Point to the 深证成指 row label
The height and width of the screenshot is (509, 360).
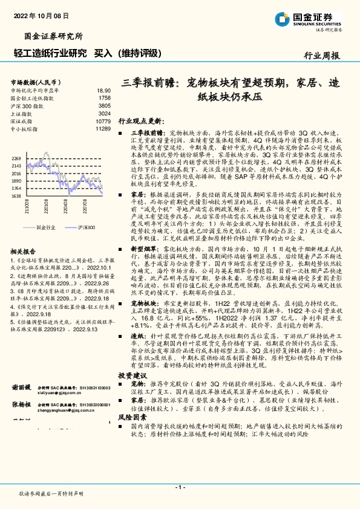pyautogui.click(x=22, y=121)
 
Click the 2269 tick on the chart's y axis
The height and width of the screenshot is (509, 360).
pyautogui.click(x=16, y=158)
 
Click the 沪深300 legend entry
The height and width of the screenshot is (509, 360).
pyautogui.click(x=87, y=227)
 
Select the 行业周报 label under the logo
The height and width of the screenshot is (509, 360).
pyautogui.click(x=322, y=55)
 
